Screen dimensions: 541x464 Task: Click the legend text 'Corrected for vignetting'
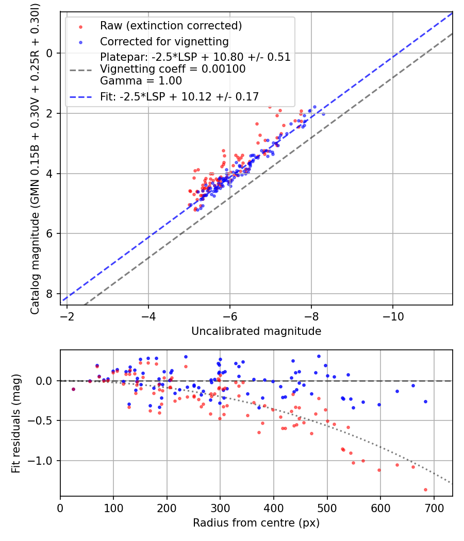(164, 41)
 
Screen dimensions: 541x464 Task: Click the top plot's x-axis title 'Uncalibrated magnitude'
(256, 331)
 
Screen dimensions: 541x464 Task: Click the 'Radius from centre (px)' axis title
(256, 523)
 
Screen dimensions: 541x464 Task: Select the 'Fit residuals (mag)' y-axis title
(16, 424)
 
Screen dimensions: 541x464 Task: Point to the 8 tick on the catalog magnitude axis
(49, 294)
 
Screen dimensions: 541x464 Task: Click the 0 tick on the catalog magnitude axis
(49, 53)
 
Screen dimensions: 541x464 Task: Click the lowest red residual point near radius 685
(425, 489)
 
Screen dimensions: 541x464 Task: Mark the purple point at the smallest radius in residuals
(73, 389)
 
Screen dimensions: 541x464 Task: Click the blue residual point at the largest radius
(425, 401)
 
